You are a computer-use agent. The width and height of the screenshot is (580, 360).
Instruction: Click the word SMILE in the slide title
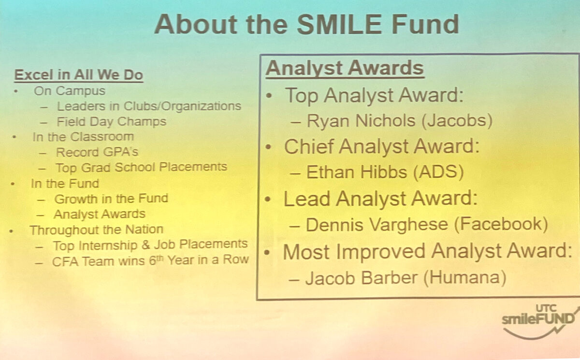point(339,24)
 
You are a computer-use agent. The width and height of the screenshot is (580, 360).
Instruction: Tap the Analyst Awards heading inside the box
point(345,68)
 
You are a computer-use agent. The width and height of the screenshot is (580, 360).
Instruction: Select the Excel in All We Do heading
point(78,75)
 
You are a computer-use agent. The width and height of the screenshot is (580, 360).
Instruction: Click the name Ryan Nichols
point(361,121)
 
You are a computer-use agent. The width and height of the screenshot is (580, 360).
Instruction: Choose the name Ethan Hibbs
point(357,172)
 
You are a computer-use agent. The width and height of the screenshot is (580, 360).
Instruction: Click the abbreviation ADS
point(438,172)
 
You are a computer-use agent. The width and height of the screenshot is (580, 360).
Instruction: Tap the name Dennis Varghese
point(377,224)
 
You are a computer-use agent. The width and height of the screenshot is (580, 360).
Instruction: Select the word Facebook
point(501,224)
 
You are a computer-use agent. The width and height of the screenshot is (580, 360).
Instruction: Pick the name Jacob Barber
point(362,278)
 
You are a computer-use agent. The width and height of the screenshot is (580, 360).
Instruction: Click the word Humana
point(465,277)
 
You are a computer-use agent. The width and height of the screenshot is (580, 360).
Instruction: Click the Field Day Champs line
point(111,122)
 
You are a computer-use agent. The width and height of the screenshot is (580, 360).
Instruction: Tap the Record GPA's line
point(97,152)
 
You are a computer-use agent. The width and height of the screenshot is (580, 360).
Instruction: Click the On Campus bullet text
point(70,91)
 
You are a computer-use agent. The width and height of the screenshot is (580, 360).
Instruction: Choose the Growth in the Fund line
point(111,199)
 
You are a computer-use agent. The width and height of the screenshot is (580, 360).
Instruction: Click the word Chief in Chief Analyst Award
point(308,146)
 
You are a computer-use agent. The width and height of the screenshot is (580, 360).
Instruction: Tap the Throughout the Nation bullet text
point(96,230)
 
